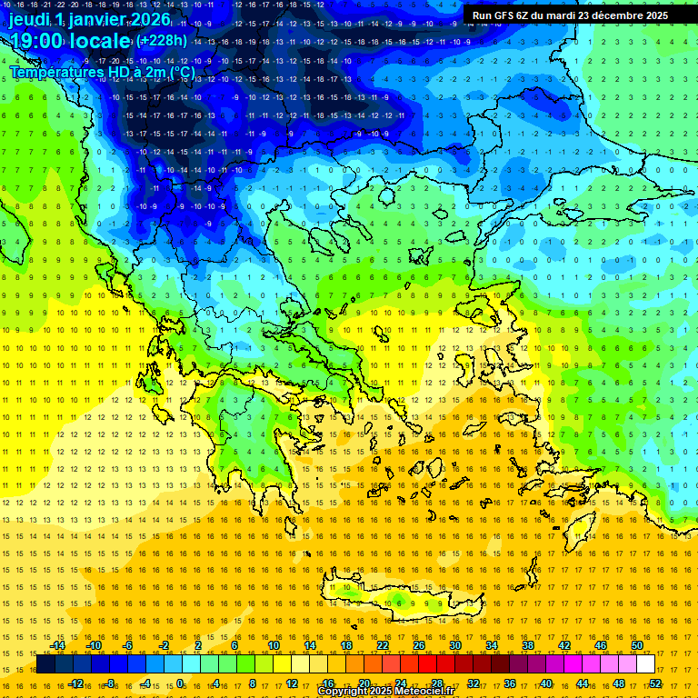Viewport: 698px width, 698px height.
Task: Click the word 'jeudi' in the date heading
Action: click(x=29, y=19)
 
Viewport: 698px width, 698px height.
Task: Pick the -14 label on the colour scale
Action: click(x=56, y=645)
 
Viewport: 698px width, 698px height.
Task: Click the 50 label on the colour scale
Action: click(x=637, y=645)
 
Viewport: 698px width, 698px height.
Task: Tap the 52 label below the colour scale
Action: click(x=655, y=683)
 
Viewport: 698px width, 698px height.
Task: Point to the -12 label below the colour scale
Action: click(x=75, y=683)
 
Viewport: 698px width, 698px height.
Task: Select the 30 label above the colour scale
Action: click(x=454, y=645)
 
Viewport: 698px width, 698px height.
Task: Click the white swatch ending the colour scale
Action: click(x=645, y=664)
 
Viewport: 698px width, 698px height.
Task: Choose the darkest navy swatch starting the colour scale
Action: click(x=45, y=664)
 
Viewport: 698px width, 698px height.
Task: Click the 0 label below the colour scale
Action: click(x=180, y=683)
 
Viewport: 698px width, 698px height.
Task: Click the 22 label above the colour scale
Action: click(x=382, y=645)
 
